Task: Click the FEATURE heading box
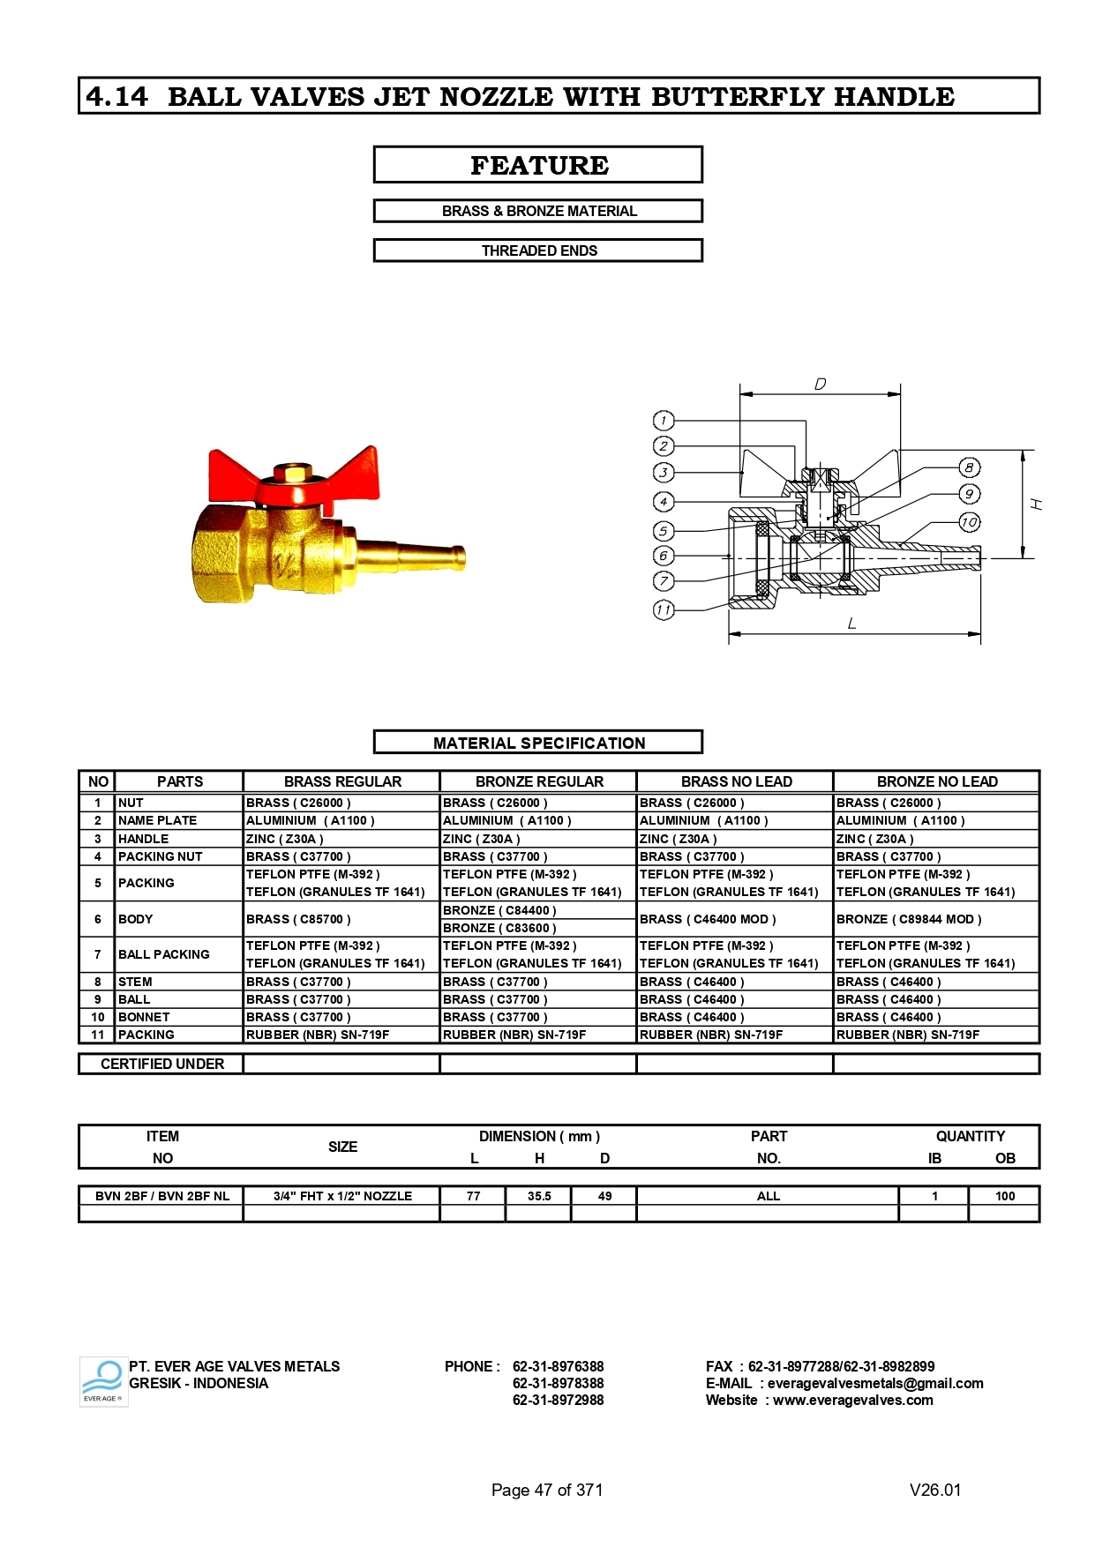point(538,165)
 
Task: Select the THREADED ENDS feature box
point(538,250)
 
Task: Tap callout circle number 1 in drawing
point(664,421)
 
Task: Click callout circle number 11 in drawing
point(664,609)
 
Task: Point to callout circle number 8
point(969,468)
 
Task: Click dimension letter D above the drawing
point(820,385)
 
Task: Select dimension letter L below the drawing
point(851,624)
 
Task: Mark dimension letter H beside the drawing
point(1037,504)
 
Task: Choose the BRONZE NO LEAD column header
point(936,781)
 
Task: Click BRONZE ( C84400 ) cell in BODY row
point(499,910)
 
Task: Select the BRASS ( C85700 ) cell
point(298,919)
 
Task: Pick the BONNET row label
point(144,1017)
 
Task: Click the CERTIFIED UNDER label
point(162,1064)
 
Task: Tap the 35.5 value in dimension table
point(539,1196)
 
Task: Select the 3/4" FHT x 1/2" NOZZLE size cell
point(342,1196)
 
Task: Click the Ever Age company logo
point(102,1381)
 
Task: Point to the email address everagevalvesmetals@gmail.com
point(874,1383)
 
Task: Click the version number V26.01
point(935,1490)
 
